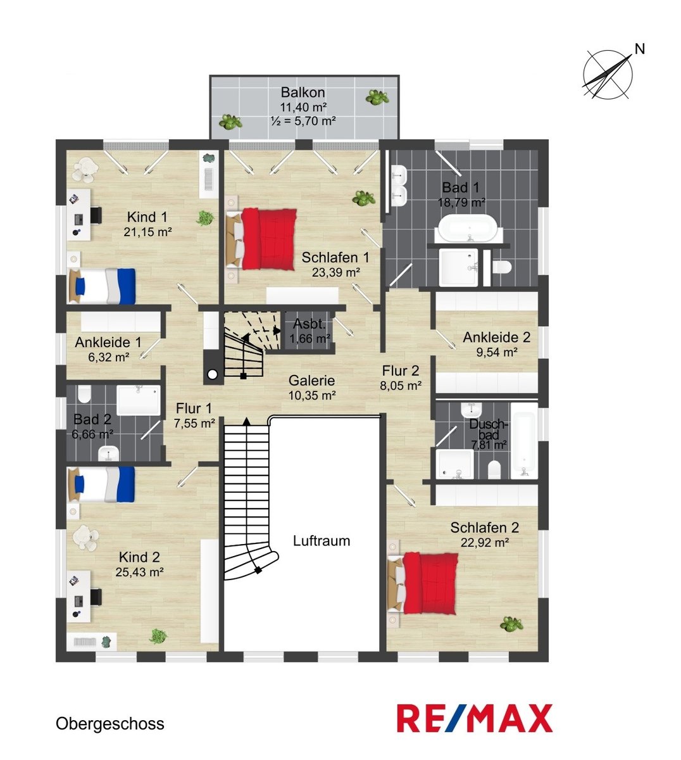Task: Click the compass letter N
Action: pyautogui.click(x=640, y=49)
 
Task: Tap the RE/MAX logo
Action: pyautogui.click(x=475, y=718)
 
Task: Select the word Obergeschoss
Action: pyautogui.click(x=110, y=724)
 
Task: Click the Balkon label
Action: pyautogui.click(x=303, y=92)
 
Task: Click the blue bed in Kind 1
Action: pyautogui.click(x=102, y=286)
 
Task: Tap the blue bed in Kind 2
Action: pyautogui.click(x=102, y=484)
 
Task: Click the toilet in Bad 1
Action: pyautogui.click(x=502, y=267)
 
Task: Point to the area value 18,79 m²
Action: pyautogui.click(x=461, y=203)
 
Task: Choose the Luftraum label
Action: pyautogui.click(x=322, y=541)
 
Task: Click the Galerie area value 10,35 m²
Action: pyautogui.click(x=312, y=395)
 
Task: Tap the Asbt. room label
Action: pyautogui.click(x=309, y=324)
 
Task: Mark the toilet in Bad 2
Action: pyautogui.click(x=84, y=394)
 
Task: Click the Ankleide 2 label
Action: pyautogui.click(x=496, y=337)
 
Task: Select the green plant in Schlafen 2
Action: pyautogui.click(x=511, y=624)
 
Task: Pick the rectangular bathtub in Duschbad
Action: pyautogui.click(x=524, y=441)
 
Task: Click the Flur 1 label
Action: pyautogui.click(x=194, y=408)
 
